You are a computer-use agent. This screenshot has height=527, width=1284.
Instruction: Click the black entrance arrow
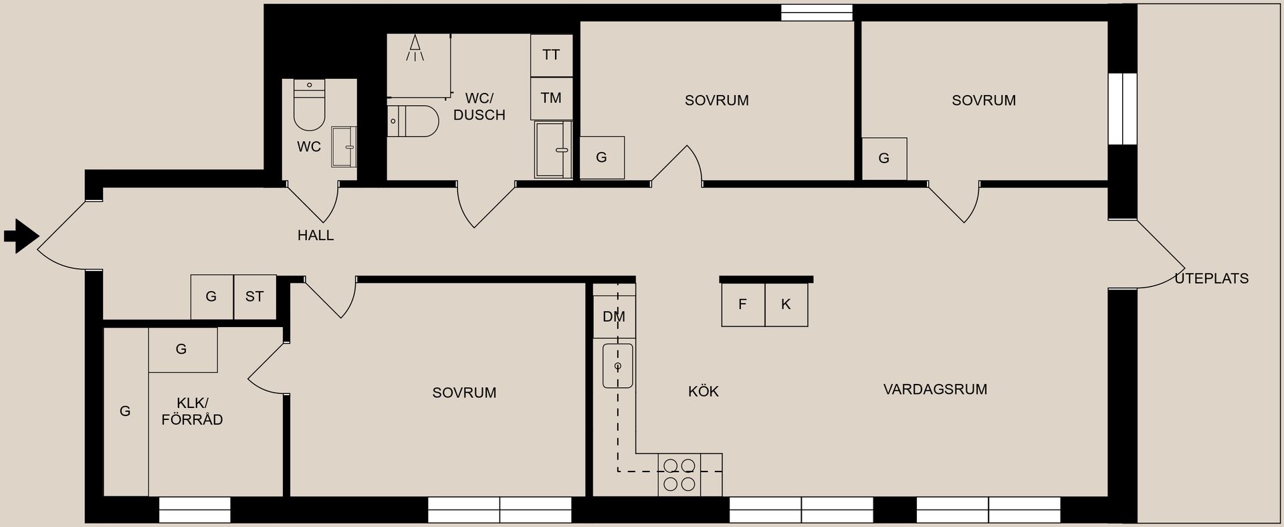[x=21, y=236]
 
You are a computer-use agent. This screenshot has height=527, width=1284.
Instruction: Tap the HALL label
[x=316, y=235]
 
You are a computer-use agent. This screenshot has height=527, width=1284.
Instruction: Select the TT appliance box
[x=552, y=56]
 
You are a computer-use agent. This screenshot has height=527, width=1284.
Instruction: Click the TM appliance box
[x=552, y=99]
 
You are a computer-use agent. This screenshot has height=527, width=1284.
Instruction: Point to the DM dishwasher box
[x=614, y=316]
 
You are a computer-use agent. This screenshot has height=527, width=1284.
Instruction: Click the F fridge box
[x=743, y=305]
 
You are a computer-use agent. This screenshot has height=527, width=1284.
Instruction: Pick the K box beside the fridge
[x=786, y=305]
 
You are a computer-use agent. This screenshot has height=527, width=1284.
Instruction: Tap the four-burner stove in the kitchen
[x=679, y=474]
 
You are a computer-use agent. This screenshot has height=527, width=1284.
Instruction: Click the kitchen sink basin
[x=618, y=366]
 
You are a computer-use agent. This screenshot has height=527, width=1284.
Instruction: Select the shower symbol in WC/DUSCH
[x=415, y=47]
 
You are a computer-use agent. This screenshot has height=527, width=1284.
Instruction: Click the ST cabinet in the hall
[x=255, y=296]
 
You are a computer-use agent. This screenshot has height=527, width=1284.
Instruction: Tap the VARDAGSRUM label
[x=935, y=389]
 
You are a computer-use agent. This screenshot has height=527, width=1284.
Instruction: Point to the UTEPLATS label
[x=1212, y=279]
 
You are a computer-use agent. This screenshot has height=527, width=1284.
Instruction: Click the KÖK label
[x=704, y=391]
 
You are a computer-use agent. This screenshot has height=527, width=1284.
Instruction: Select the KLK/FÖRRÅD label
[x=192, y=411]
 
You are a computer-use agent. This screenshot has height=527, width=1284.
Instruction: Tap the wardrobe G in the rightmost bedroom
[x=884, y=159]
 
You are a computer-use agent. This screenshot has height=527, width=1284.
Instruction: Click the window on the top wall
[x=817, y=13]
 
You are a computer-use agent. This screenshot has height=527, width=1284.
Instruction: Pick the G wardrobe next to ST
[x=212, y=296]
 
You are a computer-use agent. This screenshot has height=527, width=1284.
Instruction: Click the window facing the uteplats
[x=1123, y=109]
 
